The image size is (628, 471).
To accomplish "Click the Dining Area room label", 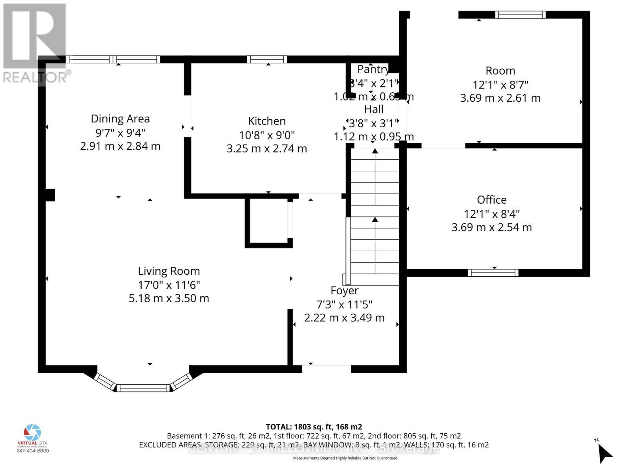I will click(x=120, y=119).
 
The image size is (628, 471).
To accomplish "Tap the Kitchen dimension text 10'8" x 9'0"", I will click(x=267, y=135).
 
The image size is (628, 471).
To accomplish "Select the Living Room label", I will click(x=169, y=271).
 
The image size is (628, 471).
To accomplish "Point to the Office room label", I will click(x=492, y=200).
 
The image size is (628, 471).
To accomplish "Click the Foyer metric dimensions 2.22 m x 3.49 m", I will click(x=344, y=318).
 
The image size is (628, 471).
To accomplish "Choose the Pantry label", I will click(x=372, y=69).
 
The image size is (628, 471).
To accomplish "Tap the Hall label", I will click(x=374, y=109).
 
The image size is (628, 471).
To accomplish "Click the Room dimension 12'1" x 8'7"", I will click(x=500, y=84).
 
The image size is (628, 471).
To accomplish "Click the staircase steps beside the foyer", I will click(x=375, y=216).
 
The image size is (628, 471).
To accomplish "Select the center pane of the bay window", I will click(x=143, y=388).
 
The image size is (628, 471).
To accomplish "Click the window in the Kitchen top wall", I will click(x=267, y=59).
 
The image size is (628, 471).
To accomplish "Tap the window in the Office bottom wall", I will click(x=493, y=272).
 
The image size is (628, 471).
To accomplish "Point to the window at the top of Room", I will click(x=520, y=15).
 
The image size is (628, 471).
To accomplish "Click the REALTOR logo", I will click(x=35, y=43).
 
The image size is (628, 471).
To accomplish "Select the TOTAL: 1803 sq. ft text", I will click(x=314, y=427).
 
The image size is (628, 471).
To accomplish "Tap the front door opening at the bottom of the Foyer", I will click(x=326, y=368).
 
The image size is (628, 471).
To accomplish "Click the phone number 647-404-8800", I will click(x=33, y=451).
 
